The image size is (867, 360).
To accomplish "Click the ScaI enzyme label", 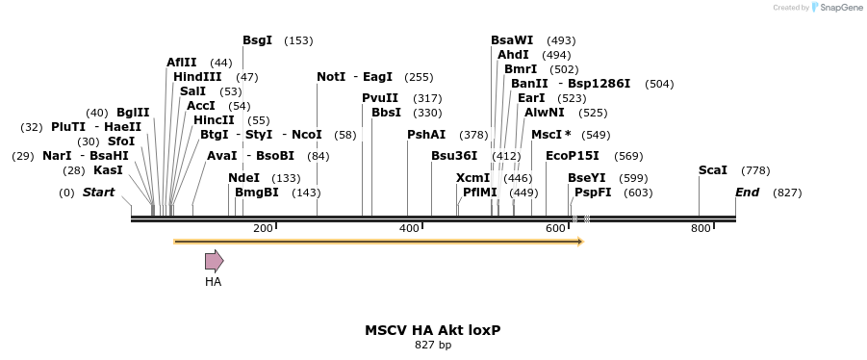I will [x=713, y=170].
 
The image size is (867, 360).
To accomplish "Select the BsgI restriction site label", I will [x=257, y=40].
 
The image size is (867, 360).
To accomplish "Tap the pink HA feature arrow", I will [x=214, y=260].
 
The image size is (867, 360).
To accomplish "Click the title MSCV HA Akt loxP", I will [x=432, y=329].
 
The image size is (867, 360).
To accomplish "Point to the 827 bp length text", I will [x=432, y=344].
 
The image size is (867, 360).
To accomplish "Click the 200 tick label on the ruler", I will [x=262, y=228].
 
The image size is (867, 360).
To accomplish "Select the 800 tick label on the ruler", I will [x=700, y=228].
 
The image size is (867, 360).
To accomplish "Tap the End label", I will [x=747, y=193].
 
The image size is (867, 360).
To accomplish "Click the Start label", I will [x=98, y=193].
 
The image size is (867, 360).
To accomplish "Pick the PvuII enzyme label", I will [x=380, y=98].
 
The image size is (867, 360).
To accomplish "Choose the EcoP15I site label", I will [x=573, y=155].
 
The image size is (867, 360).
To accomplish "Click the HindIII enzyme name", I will [x=197, y=77].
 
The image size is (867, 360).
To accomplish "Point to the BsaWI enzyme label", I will [x=512, y=40].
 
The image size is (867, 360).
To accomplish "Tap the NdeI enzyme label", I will [x=243, y=178].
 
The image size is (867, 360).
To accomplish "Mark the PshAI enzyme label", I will [x=426, y=135].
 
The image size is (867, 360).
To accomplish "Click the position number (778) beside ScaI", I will [x=755, y=170].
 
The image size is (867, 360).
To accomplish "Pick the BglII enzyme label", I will [x=133, y=113].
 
